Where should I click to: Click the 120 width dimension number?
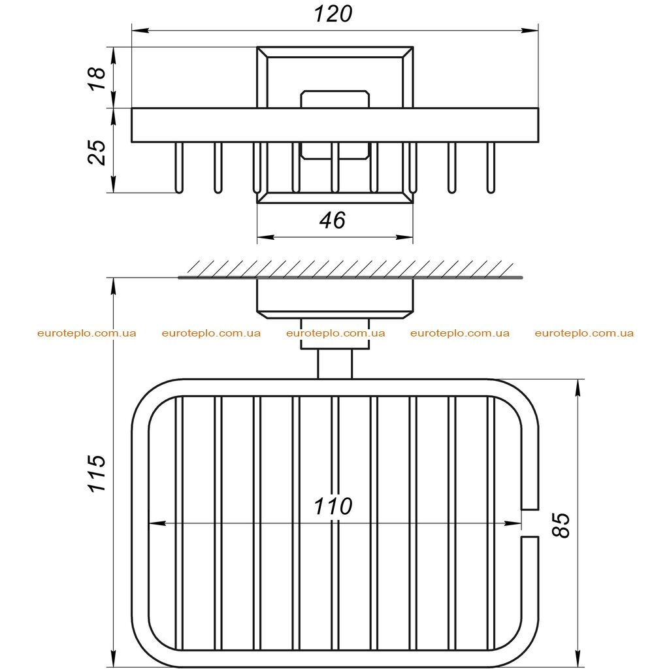click(333, 14)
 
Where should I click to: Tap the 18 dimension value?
click(97, 78)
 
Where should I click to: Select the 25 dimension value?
click(97, 152)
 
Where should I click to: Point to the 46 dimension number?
click(333, 220)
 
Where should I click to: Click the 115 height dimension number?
click(97, 474)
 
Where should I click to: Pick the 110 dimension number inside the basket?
click(333, 506)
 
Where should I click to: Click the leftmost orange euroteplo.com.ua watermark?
click(87, 333)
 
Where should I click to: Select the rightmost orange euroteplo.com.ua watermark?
click(584, 333)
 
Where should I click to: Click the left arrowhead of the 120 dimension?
click(140, 30)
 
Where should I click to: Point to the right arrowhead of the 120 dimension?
click(530, 30)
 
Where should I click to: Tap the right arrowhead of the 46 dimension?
click(404, 237)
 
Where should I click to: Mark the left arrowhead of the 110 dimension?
click(157, 523)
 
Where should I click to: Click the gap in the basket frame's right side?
click(529, 523)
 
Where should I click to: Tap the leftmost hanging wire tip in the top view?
click(179, 190)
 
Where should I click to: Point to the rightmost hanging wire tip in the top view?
click(491, 190)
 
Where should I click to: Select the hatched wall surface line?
click(350, 278)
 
